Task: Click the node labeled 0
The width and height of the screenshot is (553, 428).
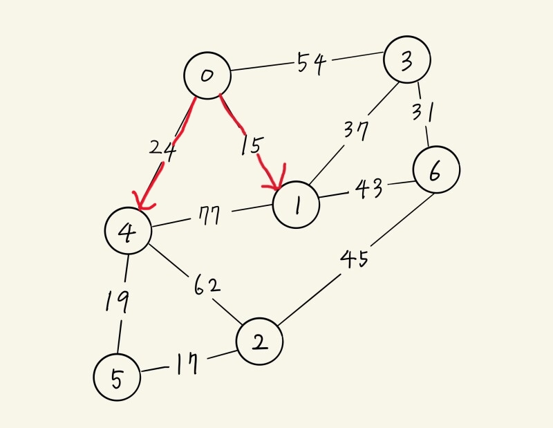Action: [207, 75]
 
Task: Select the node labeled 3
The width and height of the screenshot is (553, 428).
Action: [408, 60]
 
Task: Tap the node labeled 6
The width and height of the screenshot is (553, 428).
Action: [435, 171]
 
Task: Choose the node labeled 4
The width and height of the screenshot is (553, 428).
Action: [128, 232]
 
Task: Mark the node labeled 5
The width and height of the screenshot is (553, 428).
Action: [117, 377]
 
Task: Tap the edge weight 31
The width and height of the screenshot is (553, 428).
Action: [421, 111]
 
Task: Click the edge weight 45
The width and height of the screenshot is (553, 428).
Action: [354, 259]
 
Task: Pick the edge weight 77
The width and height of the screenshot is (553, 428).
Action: [207, 217]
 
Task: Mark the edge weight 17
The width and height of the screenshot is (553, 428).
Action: [187, 364]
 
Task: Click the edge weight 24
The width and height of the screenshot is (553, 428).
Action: [163, 149]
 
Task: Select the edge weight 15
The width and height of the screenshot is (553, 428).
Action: [252, 146]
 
